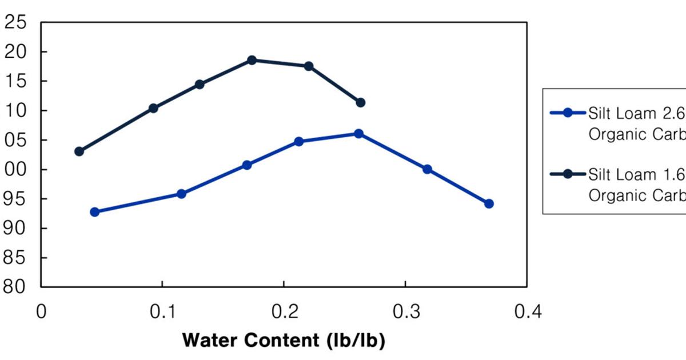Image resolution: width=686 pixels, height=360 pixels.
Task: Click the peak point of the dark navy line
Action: point(252,60)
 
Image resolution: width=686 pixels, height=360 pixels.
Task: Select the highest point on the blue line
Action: point(358,134)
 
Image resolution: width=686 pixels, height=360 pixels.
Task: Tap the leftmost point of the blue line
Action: point(95,212)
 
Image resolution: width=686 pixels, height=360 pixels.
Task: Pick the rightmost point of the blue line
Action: point(489,203)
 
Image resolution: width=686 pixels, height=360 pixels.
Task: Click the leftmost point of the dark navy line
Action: point(79,151)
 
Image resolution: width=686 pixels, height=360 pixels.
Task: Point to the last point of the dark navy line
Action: point(360,103)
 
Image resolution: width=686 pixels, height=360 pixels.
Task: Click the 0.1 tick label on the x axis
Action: point(162,312)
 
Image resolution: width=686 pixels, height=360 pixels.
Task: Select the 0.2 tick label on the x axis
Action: point(284,312)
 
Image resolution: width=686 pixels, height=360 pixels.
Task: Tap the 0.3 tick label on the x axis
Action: point(405,312)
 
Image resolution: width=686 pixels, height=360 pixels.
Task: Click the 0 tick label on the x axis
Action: point(41,312)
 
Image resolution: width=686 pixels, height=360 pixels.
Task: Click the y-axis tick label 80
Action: point(15,286)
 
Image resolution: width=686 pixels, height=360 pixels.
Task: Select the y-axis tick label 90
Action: point(15,228)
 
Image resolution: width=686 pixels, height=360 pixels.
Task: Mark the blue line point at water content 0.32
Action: point(427,169)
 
